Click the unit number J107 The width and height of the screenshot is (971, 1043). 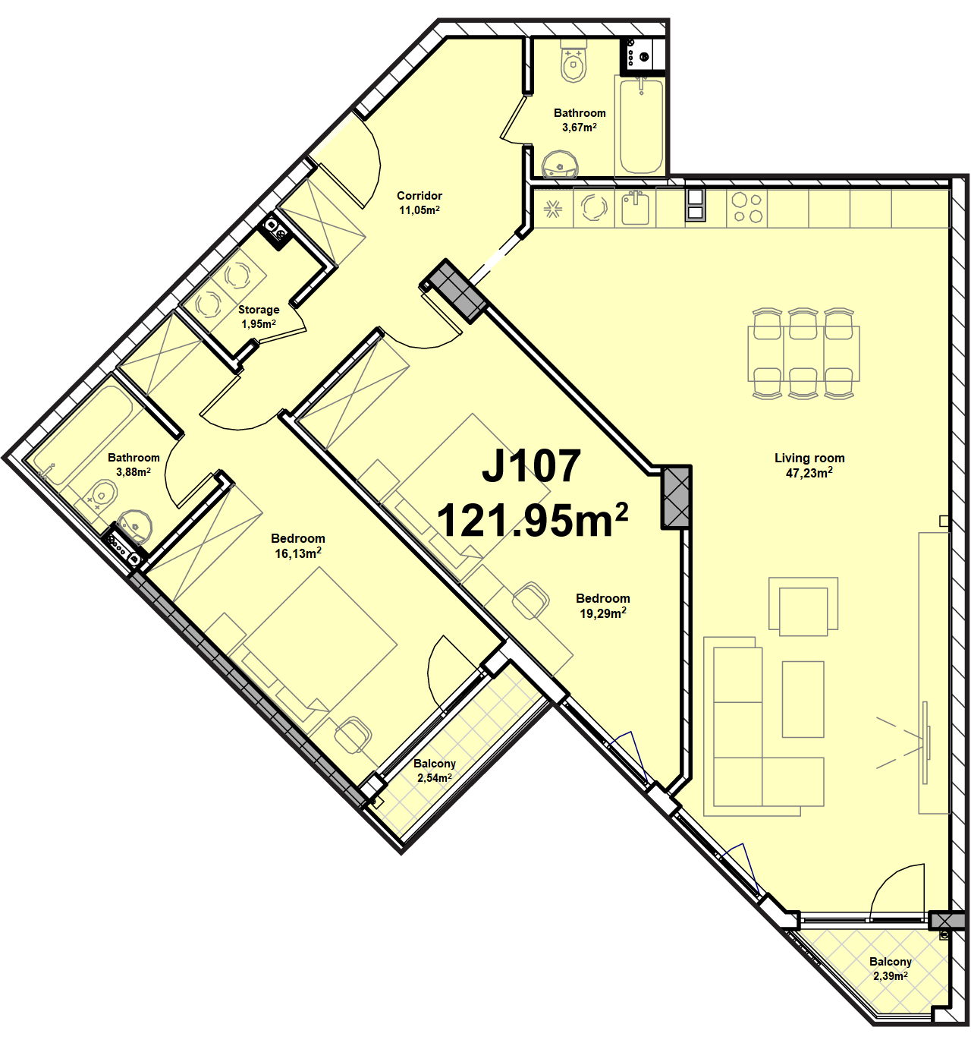pyautogui.click(x=531, y=465)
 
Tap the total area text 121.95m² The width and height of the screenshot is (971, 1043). pyautogui.click(x=533, y=520)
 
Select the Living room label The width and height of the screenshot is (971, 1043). pyautogui.click(x=809, y=458)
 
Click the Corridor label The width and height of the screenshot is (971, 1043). pyautogui.click(x=420, y=195)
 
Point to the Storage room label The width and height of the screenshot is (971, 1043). pyautogui.click(x=259, y=310)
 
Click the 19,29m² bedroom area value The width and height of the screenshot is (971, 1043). pyautogui.click(x=603, y=613)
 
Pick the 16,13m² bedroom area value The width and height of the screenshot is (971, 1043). pyautogui.click(x=298, y=553)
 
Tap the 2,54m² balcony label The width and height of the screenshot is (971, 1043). pyautogui.click(x=435, y=778)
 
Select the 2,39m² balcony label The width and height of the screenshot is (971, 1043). pyautogui.click(x=891, y=975)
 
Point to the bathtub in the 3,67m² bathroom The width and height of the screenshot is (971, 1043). pyautogui.click(x=639, y=125)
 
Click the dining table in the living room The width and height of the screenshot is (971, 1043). pyautogui.click(x=803, y=354)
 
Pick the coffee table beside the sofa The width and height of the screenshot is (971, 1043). pyautogui.click(x=803, y=699)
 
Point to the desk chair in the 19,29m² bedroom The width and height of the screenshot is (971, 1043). pyautogui.click(x=531, y=600)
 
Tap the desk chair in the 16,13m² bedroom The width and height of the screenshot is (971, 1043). pyautogui.click(x=353, y=736)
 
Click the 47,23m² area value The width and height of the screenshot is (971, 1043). pyautogui.click(x=809, y=473)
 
